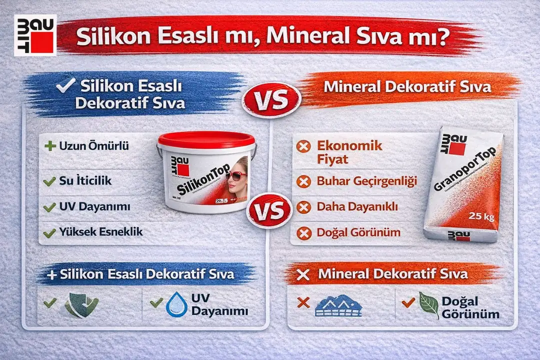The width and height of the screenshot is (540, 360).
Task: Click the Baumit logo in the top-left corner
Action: click(x=35, y=35)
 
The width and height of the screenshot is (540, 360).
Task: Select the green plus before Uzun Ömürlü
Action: click(x=49, y=147)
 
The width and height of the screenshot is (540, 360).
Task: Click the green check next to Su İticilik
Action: click(x=49, y=181)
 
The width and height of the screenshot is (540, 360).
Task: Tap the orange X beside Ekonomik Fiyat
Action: click(x=303, y=146)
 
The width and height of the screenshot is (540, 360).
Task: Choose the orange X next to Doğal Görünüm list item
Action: click(x=303, y=232)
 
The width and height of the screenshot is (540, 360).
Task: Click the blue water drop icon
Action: click(x=176, y=304)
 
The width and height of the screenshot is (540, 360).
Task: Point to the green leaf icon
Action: click(x=428, y=305)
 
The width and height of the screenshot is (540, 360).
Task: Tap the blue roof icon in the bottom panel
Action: click(x=338, y=305)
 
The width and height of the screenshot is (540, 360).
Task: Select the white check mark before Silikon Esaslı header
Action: click(x=65, y=86)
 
